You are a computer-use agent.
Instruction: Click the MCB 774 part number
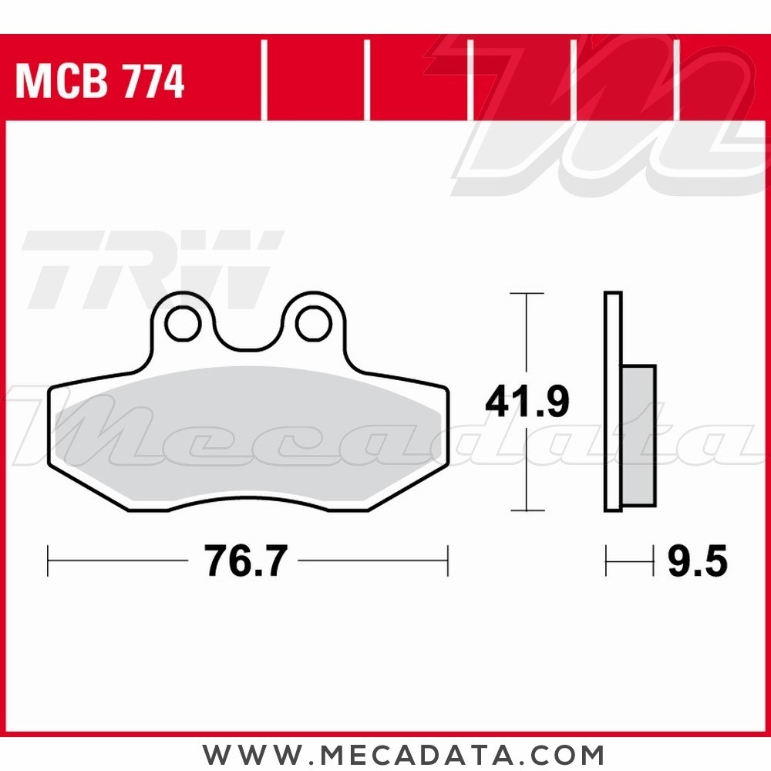pos(99,82)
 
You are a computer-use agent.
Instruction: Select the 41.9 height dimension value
pos(527,402)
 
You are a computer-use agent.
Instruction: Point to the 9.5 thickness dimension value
pos(697,561)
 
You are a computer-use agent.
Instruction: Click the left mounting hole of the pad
pos(182,324)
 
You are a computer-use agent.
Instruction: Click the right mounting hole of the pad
pos(314,324)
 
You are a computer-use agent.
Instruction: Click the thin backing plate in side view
pos(613,401)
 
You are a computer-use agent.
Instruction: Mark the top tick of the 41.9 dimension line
pos(527,294)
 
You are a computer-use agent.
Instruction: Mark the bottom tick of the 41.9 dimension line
pos(527,510)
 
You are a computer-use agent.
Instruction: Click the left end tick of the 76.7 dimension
pos(48,561)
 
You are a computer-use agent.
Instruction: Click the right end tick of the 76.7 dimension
pos(448,561)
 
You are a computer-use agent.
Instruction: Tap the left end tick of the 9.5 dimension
pos(607,561)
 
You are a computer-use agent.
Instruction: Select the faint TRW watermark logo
pos(150,266)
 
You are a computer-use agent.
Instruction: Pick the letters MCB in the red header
pos(62,82)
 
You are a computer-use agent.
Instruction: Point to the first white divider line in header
pos(264,81)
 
